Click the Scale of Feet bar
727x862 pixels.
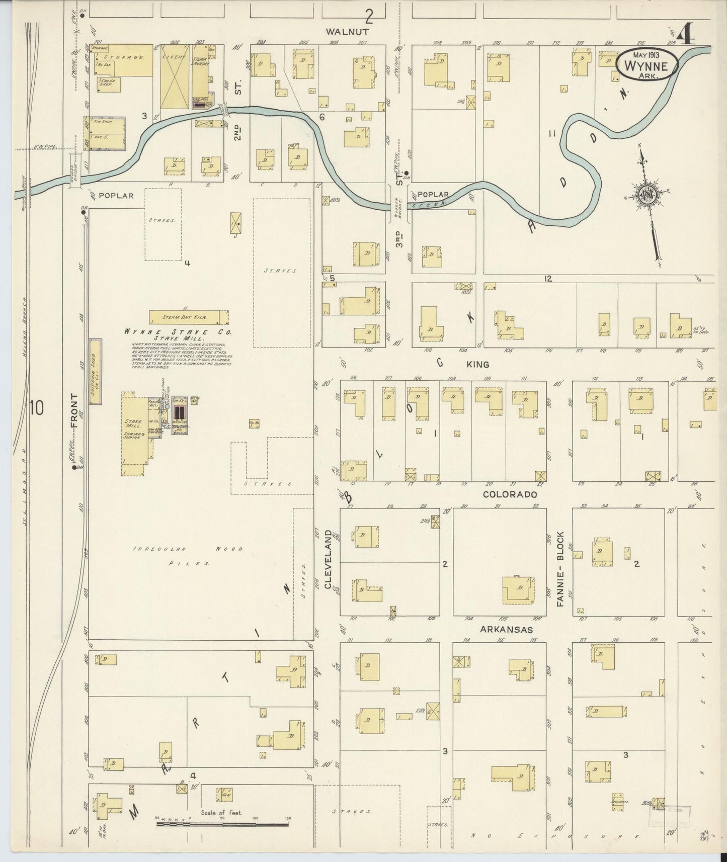coord(221,825)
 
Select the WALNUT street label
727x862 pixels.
coord(347,31)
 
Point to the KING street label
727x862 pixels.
coord(477,364)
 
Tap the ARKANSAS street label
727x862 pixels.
coord(506,629)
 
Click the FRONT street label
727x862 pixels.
coord(74,410)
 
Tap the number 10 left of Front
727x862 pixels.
coord(36,408)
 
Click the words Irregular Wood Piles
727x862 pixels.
coord(189,556)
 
